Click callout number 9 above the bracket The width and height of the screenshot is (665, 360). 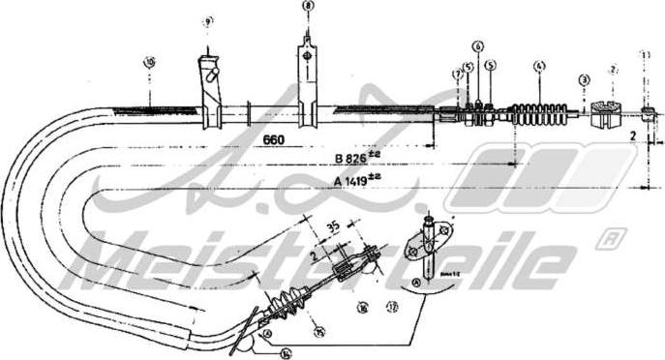207,20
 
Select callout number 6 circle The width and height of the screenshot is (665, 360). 478,45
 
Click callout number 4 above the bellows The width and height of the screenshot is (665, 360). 540,67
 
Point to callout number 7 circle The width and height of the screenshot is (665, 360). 456,73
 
